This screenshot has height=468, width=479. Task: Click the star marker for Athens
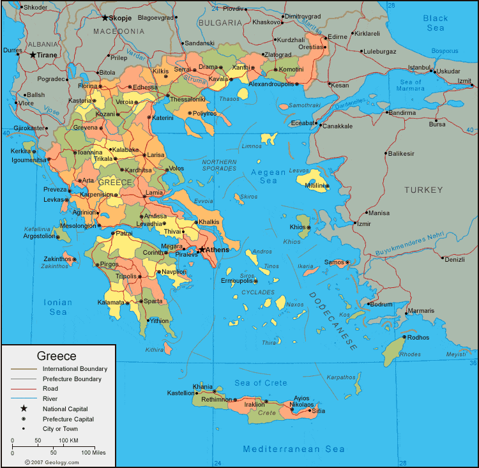coord(201,250)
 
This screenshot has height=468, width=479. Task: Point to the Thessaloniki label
coord(188,100)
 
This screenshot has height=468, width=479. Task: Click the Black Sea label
coord(435,24)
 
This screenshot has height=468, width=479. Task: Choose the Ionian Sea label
coord(58,307)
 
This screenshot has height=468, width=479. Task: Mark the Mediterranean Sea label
coord(294,449)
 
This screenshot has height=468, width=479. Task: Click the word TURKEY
coord(423,190)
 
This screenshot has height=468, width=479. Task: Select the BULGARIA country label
coord(220,22)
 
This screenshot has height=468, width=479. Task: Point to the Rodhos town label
coord(418,337)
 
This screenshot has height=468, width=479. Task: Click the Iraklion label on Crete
coord(254,404)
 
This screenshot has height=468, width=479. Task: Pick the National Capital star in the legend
coord(24,409)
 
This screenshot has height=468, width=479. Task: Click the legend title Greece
coord(56,356)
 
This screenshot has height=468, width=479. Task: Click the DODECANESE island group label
coord(333,321)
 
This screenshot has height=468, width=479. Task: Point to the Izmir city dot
coord(355,223)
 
